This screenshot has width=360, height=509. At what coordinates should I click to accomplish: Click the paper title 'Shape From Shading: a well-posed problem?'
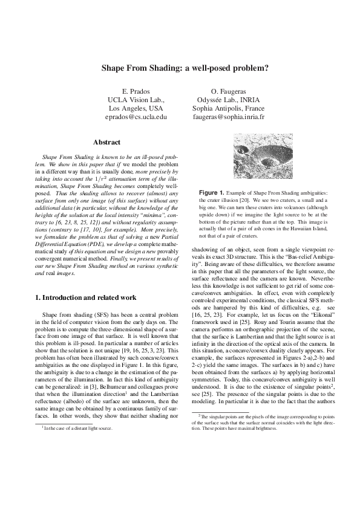tap(180, 68)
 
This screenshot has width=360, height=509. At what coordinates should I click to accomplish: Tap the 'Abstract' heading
tap(106, 143)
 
